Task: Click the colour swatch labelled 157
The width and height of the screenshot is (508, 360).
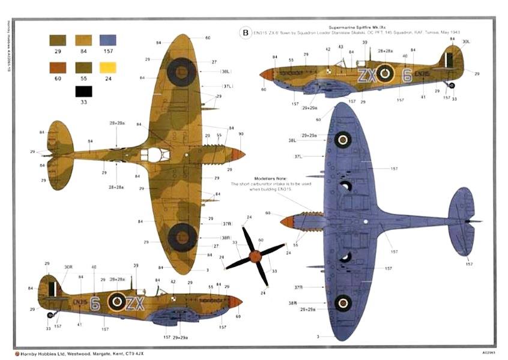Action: (107, 41)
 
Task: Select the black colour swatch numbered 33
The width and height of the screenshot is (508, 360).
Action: (83, 92)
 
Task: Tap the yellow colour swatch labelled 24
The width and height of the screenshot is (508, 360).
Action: (107, 67)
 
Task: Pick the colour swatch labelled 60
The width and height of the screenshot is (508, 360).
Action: (58, 67)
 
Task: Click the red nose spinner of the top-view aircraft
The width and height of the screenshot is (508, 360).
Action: (238, 154)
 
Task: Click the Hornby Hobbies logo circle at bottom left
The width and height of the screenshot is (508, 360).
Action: (18, 353)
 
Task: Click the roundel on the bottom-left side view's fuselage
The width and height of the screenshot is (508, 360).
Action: (116, 301)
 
